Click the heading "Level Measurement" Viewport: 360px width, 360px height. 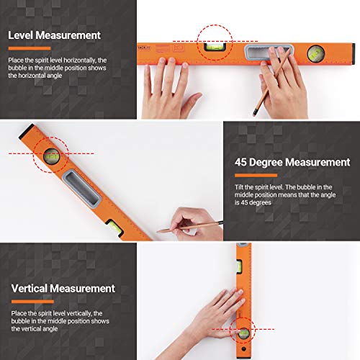(54, 35)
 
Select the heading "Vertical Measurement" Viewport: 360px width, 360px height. (63, 288)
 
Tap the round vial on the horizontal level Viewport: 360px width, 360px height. (316, 53)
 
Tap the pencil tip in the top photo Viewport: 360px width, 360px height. (253, 113)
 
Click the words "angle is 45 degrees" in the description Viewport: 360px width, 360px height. (262, 202)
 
